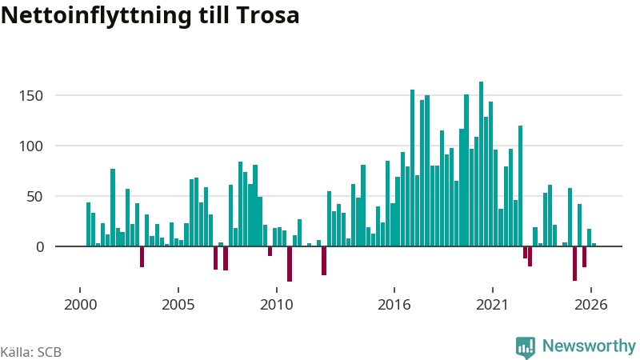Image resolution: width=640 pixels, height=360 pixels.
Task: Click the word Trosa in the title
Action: click(267, 15)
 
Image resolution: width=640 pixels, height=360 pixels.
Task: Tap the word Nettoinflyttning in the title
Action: click(96, 16)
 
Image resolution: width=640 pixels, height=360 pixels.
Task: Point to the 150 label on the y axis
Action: click(31, 95)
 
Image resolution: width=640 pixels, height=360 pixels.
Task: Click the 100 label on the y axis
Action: click(31, 146)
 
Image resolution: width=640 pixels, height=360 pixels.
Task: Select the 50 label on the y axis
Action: click(34, 196)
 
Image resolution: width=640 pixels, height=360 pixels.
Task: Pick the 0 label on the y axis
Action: click(39, 246)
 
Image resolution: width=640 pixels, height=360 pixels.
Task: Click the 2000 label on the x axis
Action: click(81, 305)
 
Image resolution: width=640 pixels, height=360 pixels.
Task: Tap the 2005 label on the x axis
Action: click(178, 305)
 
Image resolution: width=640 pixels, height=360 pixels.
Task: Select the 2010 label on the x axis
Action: click(277, 305)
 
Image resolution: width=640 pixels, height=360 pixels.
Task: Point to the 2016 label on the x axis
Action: click(394, 305)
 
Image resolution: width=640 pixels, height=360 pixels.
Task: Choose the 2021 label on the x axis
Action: click(493, 305)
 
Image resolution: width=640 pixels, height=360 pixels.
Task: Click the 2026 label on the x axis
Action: click(591, 305)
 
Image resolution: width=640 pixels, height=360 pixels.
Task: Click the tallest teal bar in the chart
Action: click(482, 164)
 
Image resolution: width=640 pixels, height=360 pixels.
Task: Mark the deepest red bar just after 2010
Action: click(290, 264)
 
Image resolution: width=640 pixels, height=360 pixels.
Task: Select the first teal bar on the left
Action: click(88, 225)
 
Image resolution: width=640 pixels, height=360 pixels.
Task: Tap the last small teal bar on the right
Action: click(594, 245)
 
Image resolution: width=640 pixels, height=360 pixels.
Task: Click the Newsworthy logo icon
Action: click(526, 347)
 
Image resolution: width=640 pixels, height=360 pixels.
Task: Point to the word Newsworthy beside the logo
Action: click(589, 346)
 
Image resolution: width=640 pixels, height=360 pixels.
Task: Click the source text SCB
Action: click(50, 352)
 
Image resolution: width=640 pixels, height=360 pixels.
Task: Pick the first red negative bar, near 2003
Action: click(142, 257)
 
